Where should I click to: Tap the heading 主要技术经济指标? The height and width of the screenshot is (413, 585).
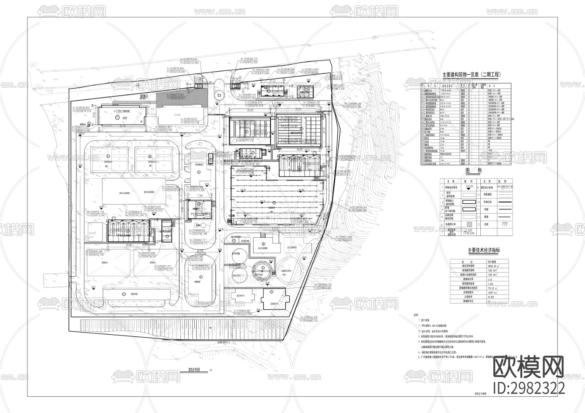click(484, 251)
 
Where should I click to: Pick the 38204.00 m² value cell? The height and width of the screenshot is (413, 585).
click(493, 266)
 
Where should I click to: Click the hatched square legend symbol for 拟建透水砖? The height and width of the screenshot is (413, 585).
click(469, 224)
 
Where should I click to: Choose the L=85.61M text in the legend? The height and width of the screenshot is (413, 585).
click(469, 233)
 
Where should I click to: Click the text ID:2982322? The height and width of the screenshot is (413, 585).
click(529, 388)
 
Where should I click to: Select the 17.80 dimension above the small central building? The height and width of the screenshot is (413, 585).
click(200, 196)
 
